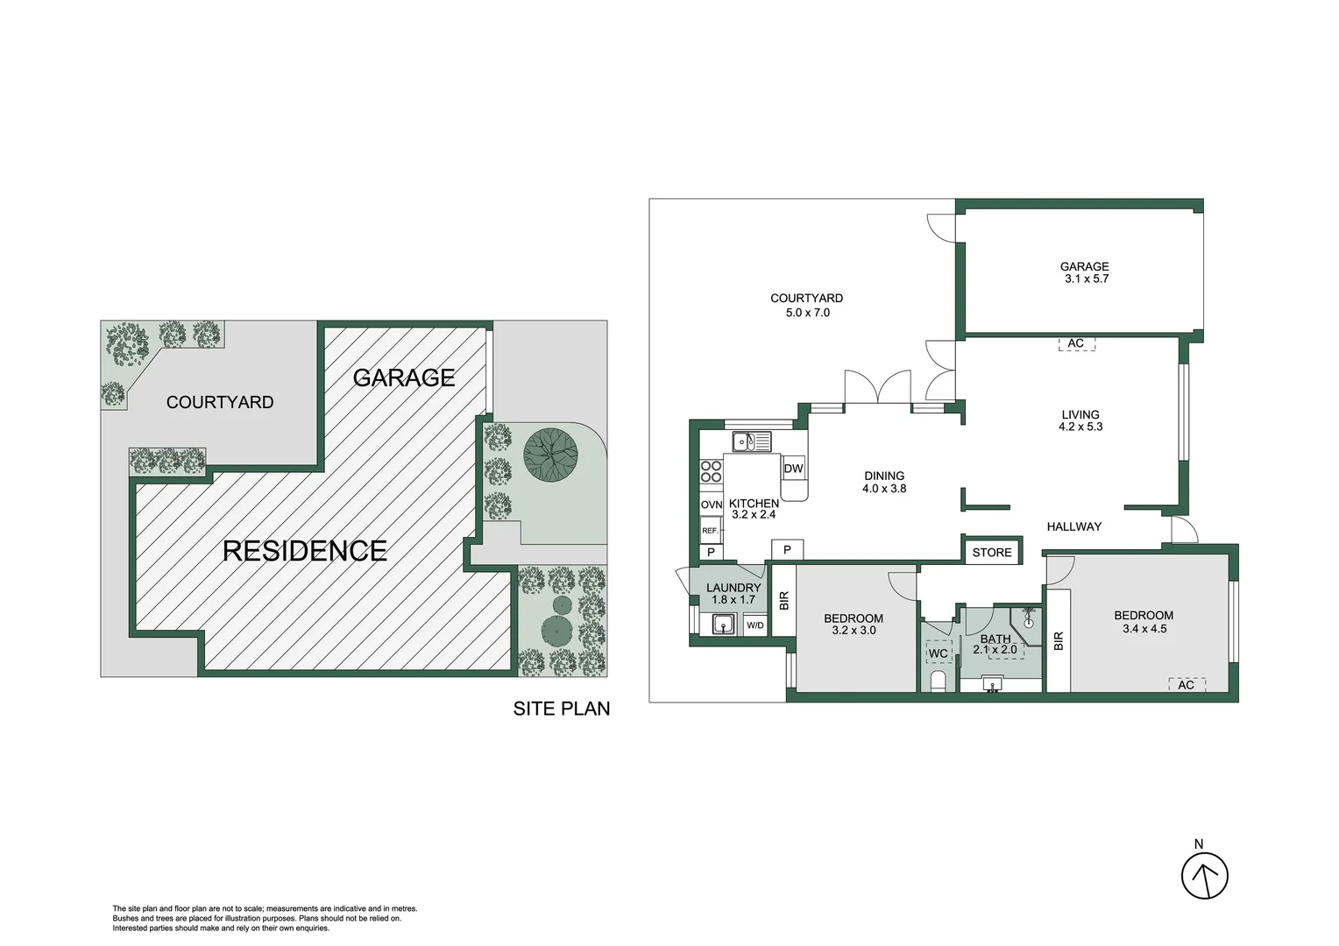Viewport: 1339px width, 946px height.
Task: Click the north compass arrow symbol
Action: (x=1204, y=875)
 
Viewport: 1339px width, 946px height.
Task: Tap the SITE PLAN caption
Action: (x=561, y=709)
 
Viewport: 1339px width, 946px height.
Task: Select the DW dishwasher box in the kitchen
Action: (x=793, y=469)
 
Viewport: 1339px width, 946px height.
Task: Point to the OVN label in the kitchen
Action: (x=711, y=505)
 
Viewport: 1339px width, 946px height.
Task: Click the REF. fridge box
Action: (x=711, y=530)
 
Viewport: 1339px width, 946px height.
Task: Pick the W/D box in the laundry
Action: (x=755, y=625)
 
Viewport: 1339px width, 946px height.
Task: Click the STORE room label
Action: (x=991, y=552)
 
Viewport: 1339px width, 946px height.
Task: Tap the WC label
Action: (x=938, y=653)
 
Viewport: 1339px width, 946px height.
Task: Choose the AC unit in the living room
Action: (x=1076, y=343)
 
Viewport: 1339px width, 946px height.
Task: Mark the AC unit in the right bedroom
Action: (x=1186, y=685)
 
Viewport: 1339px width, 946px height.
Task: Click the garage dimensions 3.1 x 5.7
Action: (x=1087, y=279)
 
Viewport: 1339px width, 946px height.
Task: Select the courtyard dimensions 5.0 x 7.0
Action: (x=807, y=313)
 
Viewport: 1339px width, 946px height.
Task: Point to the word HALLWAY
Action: (x=1073, y=526)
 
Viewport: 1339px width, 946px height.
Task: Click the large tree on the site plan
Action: (x=550, y=455)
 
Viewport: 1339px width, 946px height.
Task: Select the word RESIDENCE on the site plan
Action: (x=304, y=550)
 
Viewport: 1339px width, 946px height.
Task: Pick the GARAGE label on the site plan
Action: (x=403, y=378)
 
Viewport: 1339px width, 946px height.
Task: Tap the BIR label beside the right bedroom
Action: (x=1059, y=641)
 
